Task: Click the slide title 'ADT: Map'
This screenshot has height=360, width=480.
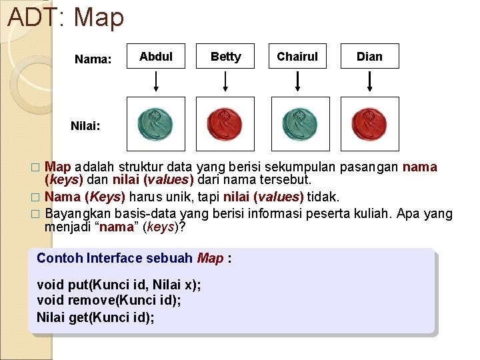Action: pos(65,17)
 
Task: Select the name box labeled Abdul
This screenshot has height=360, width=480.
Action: pos(156,57)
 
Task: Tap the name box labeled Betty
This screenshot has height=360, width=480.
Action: pos(225,57)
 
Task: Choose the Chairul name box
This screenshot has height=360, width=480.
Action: pos(297,57)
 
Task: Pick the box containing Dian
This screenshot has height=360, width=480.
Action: pos(369,57)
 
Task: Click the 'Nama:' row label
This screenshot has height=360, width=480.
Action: pos(93,59)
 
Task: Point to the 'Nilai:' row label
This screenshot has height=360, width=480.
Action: pos(85,125)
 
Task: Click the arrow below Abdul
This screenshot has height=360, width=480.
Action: pos(156,81)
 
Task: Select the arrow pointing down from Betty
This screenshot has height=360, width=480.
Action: pos(225,81)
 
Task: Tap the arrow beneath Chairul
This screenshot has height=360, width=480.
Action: pos(297,81)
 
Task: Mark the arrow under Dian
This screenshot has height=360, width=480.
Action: pos(370,81)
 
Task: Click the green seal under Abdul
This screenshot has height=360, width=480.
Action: pos(155,124)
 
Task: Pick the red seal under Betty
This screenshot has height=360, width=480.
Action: pos(225,124)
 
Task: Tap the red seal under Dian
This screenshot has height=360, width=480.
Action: pos(369,124)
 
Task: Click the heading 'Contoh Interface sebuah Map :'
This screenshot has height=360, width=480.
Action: pos(134,258)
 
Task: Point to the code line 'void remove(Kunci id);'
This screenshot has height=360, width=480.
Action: pos(109,300)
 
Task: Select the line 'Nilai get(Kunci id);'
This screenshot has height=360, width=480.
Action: pos(95,317)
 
